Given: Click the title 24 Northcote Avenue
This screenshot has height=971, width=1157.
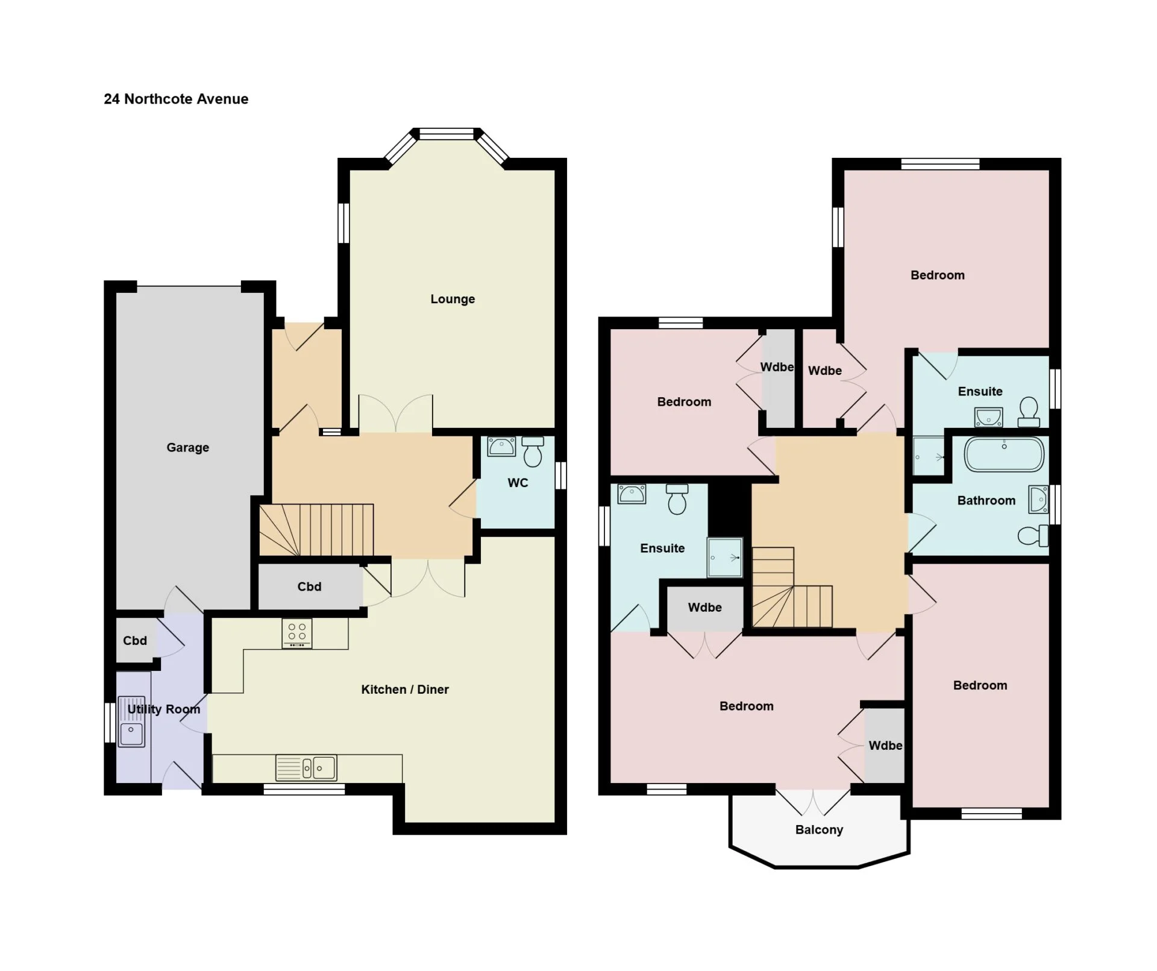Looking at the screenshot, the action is pos(176,99).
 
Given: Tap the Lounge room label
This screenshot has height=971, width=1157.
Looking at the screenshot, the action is pos(453,299).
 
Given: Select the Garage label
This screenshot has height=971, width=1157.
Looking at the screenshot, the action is pos(188,447).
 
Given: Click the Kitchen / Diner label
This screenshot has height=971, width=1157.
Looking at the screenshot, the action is pos(405,689).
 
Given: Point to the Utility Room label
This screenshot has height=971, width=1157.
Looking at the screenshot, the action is pos(164,709).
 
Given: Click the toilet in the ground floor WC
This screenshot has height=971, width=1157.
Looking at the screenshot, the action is pos(533,451).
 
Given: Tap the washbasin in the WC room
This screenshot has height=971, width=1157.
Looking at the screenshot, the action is pos(501,447).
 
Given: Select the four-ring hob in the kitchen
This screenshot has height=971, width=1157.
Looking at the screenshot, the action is pos(297,633).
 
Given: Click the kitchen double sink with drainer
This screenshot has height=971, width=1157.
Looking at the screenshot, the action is pos(306,768).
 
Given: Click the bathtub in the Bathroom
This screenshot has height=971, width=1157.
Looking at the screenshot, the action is pos(1004,454).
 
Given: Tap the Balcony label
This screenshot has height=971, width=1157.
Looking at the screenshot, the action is pos(819,829).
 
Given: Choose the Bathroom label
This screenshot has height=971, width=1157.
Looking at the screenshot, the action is pos(986,500).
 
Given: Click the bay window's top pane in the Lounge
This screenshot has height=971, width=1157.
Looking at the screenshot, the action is pos(447,134).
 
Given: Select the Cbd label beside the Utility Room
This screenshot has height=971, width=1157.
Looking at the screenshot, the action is pos(135,641).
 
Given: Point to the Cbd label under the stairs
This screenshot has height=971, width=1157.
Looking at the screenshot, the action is pos(310,586).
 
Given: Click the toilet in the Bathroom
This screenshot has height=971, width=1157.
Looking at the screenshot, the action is pos(1033,535).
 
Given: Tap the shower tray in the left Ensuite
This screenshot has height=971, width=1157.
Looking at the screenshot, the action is pos(725,558).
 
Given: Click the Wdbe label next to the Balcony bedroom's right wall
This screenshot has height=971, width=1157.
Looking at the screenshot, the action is pos(885,746).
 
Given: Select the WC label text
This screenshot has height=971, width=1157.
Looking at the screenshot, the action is pos(518,483).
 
